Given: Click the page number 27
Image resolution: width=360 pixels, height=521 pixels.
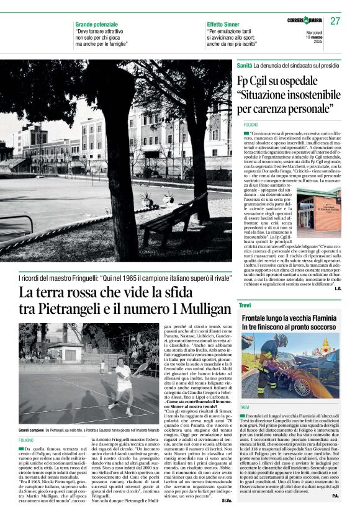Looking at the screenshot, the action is tap(335, 20).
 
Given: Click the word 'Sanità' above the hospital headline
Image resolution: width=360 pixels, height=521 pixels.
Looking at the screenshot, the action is tap(245, 65).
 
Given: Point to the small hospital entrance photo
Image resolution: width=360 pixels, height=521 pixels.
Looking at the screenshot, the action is tap(319, 211).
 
